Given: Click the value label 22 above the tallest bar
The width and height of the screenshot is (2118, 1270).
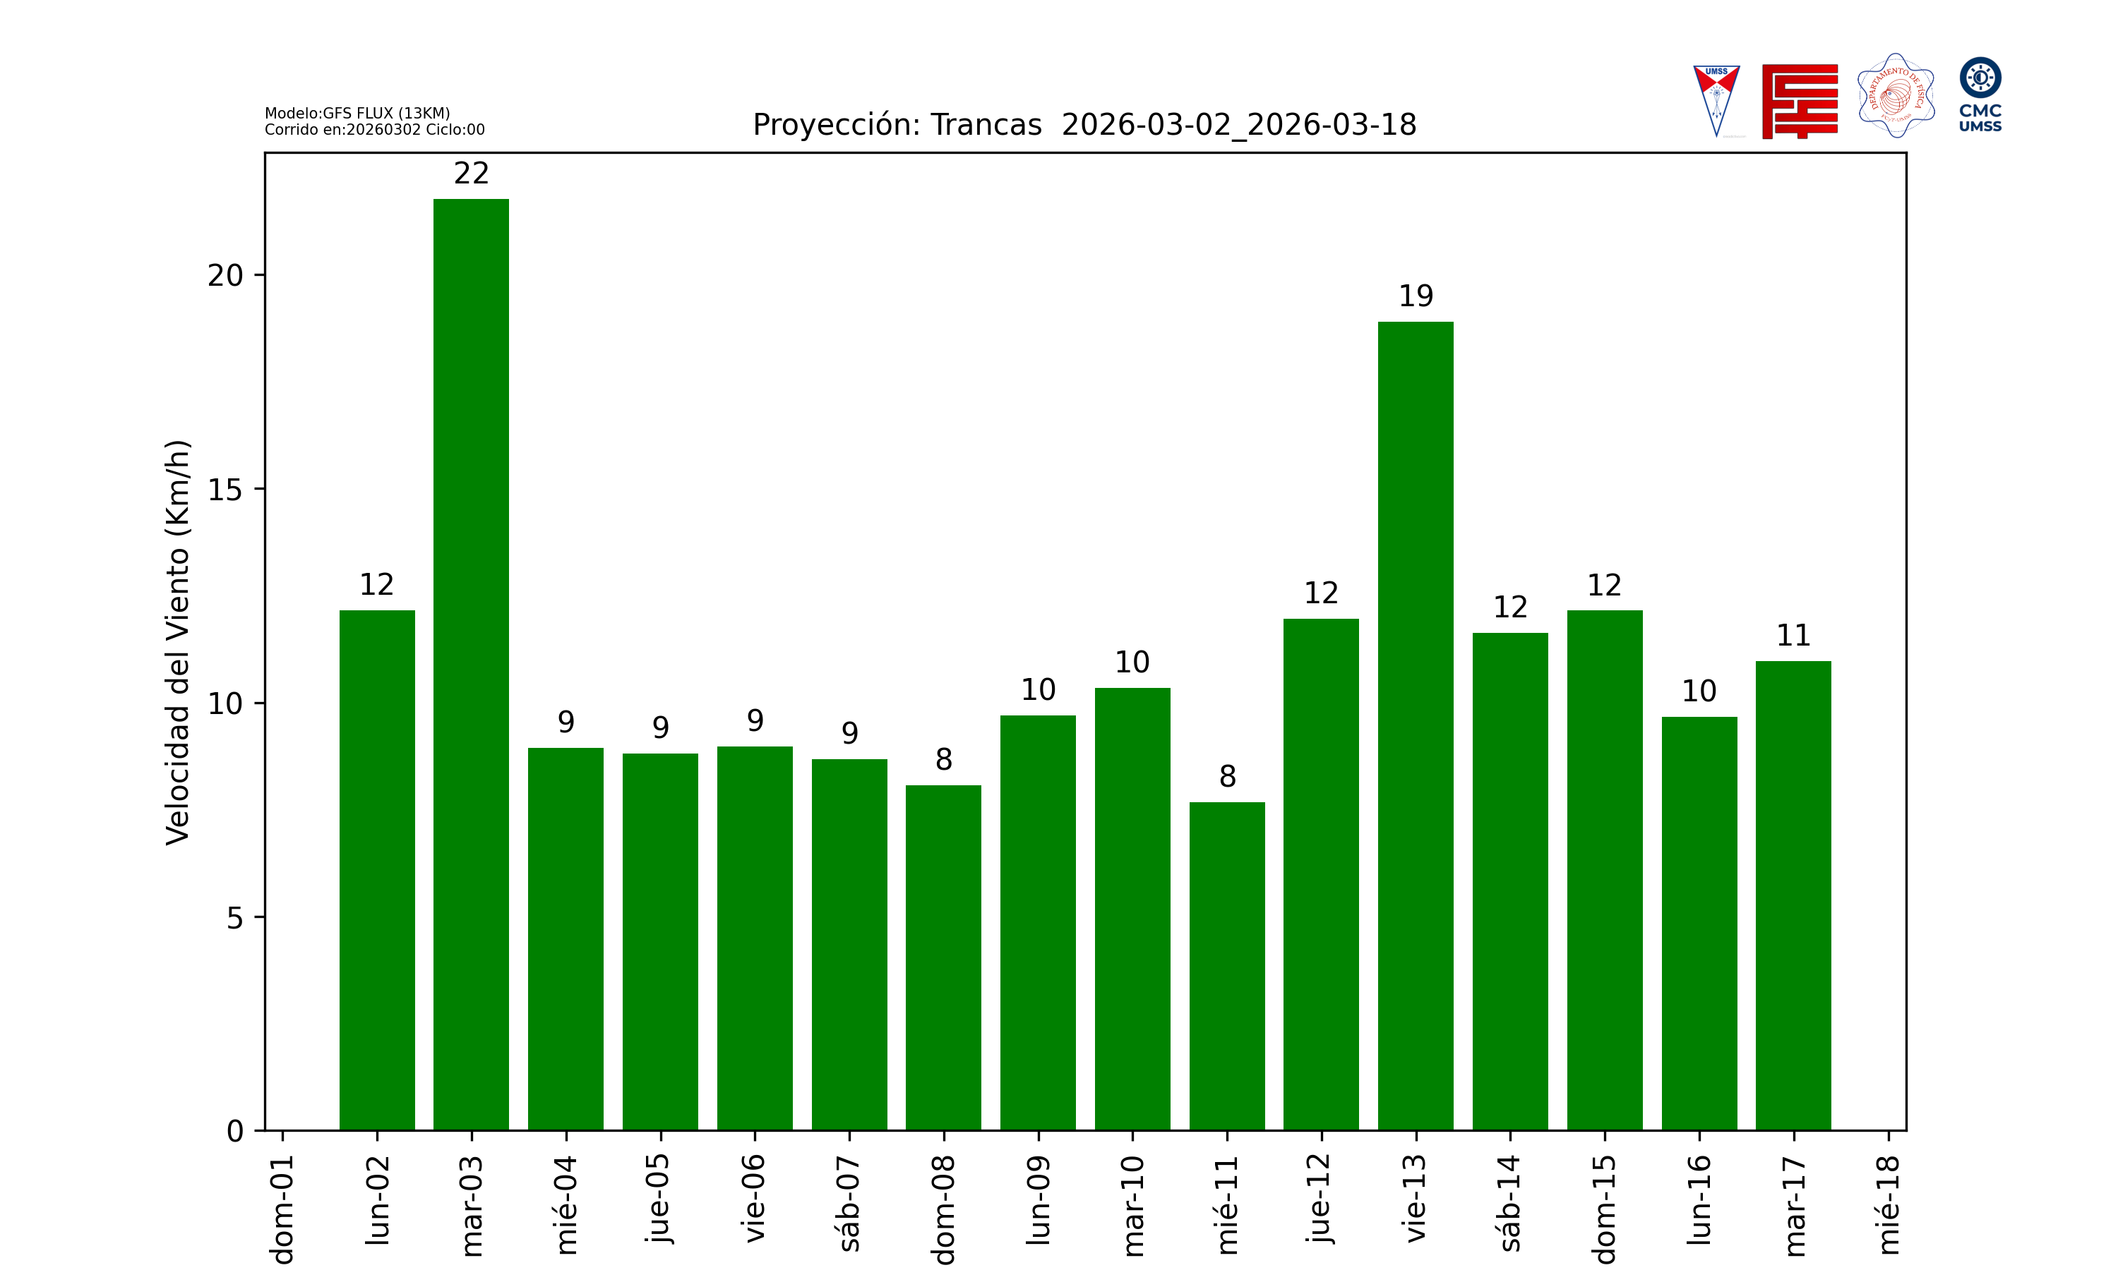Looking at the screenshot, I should (x=471, y=174).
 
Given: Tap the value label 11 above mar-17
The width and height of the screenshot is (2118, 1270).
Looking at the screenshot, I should (x=1793, y=636).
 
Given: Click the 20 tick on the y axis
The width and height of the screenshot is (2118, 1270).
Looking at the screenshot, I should (x=225, y=276).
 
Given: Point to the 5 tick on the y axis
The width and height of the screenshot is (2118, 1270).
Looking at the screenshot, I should (x=234, y=918).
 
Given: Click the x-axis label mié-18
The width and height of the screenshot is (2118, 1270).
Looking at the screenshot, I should (x=1888, y=1205).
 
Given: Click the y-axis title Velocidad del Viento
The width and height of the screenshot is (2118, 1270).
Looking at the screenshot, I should (x=177, y=642).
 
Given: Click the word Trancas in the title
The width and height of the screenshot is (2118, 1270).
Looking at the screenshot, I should (x=986, y=125).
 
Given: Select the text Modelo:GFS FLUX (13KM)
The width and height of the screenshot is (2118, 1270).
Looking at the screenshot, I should (x=357, y=113).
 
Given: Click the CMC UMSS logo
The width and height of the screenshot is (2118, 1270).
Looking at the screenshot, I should (x=1980, y=94).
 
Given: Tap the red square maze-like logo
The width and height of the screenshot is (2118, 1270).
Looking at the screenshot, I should (x=1800, y=101).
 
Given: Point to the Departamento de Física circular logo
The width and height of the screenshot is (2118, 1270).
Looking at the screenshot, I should (x=1896, y=96).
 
